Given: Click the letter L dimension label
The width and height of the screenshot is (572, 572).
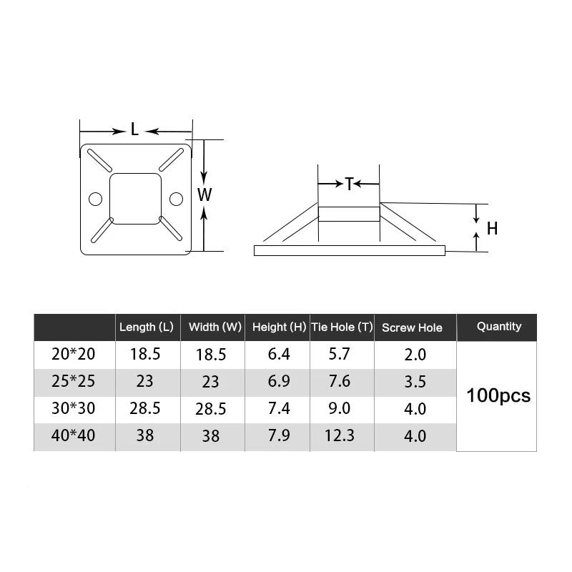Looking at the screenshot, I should [x=134, y=130].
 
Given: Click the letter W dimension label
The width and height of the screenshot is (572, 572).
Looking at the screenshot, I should [x=204, y=194].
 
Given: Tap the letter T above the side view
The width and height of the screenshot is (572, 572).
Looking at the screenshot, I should [x=348, y=184].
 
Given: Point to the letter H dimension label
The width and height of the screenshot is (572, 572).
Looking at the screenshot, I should [x=492, y=229].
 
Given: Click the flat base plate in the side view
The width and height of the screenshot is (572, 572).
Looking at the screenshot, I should [x=350, y=250].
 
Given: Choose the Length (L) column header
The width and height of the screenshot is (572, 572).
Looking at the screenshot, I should [x=147, y=327].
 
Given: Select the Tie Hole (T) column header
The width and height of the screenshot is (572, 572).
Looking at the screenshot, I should [x=342, y=327].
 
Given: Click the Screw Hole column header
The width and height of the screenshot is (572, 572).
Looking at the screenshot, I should [x=412, y=328].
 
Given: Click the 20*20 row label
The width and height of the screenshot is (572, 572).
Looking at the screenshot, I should [x=74, y=354].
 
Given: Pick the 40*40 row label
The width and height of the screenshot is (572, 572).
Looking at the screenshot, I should [x=74, y=435].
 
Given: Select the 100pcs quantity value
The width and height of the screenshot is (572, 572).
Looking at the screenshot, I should [x=498, y=395].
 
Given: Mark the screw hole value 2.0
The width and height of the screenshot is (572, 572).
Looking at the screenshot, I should [x=415, y=355].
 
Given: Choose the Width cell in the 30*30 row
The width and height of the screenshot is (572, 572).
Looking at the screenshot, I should [x=211, y=409].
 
